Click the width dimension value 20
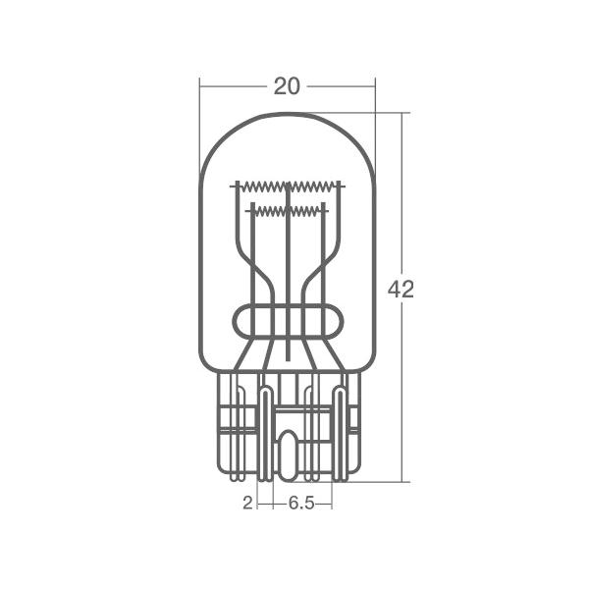coord(287,86)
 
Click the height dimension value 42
coord(401,290)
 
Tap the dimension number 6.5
coord(301,503)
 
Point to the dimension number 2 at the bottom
coord(247,503)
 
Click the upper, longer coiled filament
coord(288,186)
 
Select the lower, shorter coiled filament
coord(288,211)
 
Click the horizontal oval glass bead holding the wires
coord(288,322)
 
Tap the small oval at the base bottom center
coord(288,455)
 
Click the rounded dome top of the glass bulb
coord(288,113)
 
